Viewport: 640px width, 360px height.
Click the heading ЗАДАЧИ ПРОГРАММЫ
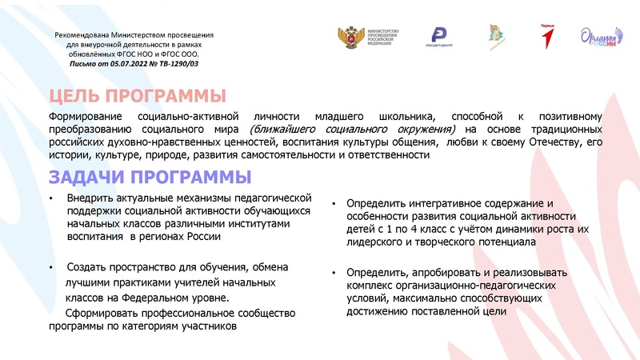point(150,176)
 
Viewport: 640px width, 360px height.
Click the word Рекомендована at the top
point(88,36)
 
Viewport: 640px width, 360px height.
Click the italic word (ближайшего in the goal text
point(278,130)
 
